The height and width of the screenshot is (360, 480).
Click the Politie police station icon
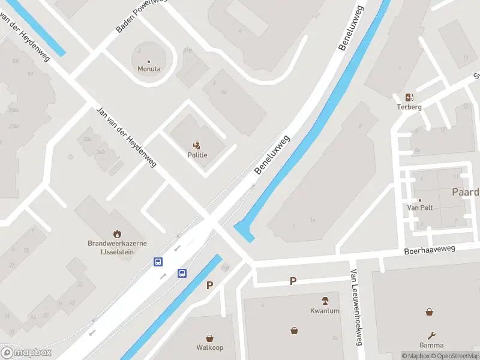point(197,145)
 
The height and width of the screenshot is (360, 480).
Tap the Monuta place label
point(149,69)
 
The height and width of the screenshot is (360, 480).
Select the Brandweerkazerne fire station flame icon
point(117,233)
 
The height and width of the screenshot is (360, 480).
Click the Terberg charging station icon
point(409,98)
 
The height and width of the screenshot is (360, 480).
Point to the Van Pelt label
point(420,208)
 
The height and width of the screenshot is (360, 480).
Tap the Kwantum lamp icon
point(325,301)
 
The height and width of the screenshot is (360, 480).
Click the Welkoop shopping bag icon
point(209,338)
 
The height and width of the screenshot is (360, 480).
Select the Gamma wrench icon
point(431,335)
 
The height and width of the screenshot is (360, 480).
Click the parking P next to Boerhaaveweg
point(293,281)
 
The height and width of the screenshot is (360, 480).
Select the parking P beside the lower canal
point(209,286)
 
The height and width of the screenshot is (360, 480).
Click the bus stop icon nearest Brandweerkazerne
point(158,262)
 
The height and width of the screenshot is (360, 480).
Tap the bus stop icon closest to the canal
point(181,274)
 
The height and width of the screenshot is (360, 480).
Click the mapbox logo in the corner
point(26,353)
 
